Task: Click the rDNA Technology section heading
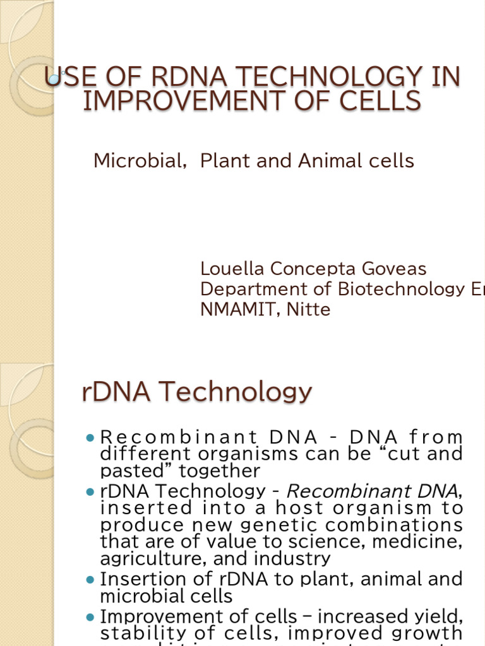[x=196, y=392]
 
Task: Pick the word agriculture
[x=147, y=558]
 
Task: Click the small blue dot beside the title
[x=54, y=79]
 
